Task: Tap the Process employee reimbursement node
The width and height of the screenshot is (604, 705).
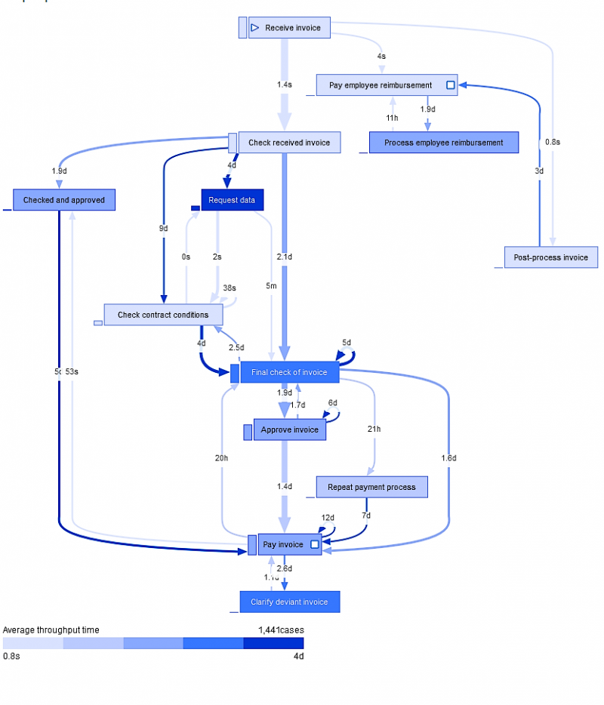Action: click(443, 143)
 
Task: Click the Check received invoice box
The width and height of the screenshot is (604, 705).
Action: click(288, 143)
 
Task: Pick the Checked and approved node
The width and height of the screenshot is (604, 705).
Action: click(63, 200)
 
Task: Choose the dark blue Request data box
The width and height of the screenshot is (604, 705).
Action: click(232, 200)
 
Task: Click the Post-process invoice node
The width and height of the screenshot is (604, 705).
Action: click(550, 257)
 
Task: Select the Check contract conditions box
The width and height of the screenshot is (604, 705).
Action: click(163, 315)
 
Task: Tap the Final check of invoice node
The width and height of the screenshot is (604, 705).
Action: click(289, 372)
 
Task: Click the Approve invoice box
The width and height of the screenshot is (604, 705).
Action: click(289, 430)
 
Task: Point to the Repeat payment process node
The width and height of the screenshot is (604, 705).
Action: click(371, 487)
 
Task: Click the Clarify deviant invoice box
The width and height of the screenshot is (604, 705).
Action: click(289, 602)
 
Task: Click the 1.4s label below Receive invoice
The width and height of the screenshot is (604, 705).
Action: click(284, 85)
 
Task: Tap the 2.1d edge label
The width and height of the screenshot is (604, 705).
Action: click(284, 257)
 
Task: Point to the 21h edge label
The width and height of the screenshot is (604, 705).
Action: click(374, 429)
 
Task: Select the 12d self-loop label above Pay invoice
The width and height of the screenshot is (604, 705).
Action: click(328, 518)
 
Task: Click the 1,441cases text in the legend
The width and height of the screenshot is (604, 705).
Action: click(281, 630)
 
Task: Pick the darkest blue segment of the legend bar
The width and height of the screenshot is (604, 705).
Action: click(273, 643)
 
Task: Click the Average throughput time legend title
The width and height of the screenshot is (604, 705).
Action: click(51, 630)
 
